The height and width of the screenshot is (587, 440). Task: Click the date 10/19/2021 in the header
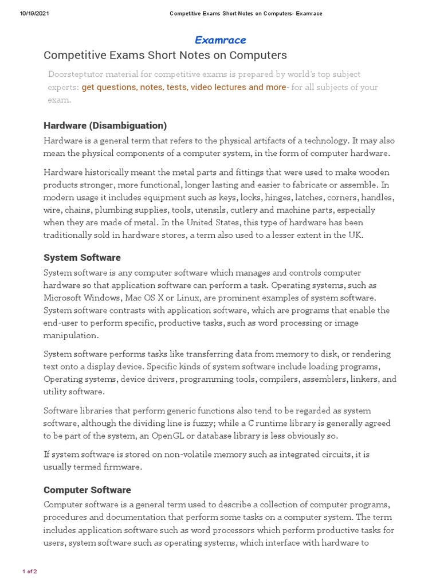click(x=34, y=14)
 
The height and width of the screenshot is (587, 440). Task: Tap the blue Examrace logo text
click(x=220, y=40)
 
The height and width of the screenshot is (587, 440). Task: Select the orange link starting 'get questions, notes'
click(x=184, y=87)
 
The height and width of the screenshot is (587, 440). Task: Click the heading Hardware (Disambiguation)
click(x=105, y=126)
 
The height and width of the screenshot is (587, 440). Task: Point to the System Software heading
click(x=82, y=257)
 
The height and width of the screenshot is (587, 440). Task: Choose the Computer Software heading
click(x=87, y=490)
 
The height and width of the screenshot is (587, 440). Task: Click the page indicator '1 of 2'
click(x=30, y=572)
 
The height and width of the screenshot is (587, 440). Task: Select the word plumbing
click(x=113, y=210)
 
